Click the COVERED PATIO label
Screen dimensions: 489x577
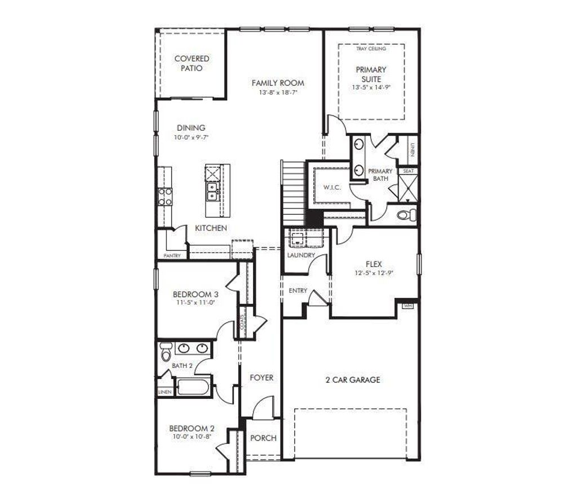coord(192,63)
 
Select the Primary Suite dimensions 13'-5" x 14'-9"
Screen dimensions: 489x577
coord(371,88)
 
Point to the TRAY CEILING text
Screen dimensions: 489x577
coord(371,49)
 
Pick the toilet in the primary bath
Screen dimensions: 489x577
coord(407,215)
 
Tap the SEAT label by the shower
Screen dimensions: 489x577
coord(408,171)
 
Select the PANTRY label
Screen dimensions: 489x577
coord(172,256)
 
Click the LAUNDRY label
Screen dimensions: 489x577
coord(301,255)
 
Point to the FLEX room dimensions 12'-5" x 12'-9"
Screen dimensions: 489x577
coord(374,273)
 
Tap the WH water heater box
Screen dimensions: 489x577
coord(408,306)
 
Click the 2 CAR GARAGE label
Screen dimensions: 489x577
coord(353,380)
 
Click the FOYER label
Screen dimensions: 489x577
coord(261,377)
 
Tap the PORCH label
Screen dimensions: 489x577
coord(263,438)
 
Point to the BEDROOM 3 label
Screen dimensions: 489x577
coord(195,294)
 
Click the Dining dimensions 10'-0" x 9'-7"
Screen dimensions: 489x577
coord(190,137)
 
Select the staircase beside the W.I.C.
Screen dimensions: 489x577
coord(292,192)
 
